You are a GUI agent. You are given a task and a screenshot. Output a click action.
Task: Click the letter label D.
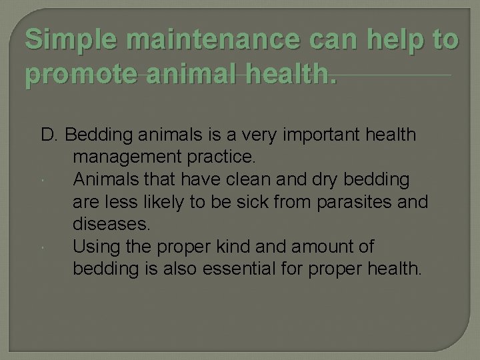pyautogui.click(x=50, y=135)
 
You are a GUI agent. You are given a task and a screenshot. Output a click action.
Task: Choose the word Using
pyautogui.click(x=94, y=247)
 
